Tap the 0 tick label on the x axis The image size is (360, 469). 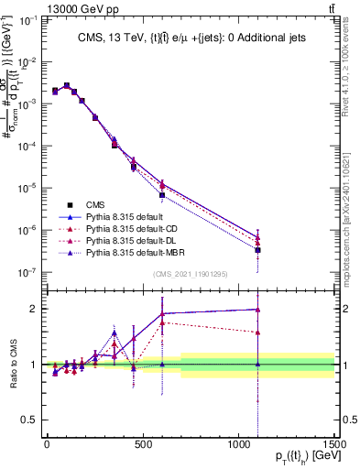47,444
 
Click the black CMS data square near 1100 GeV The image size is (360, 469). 258,249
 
